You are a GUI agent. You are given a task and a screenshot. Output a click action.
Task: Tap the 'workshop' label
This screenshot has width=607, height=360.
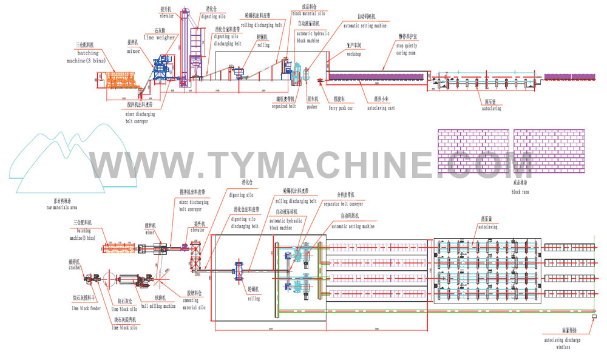click(354, 54)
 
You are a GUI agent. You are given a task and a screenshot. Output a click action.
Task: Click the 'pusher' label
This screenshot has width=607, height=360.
click(312, 107)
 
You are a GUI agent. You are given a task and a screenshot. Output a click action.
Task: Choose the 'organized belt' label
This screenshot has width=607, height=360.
click(284, 106)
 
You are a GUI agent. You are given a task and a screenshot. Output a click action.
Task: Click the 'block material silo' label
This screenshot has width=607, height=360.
click(313, 12)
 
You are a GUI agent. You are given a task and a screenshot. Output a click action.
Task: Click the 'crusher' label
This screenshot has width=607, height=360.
click(75, 267)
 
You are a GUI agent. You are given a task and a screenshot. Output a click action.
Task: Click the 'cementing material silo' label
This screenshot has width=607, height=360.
click(195, 305)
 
